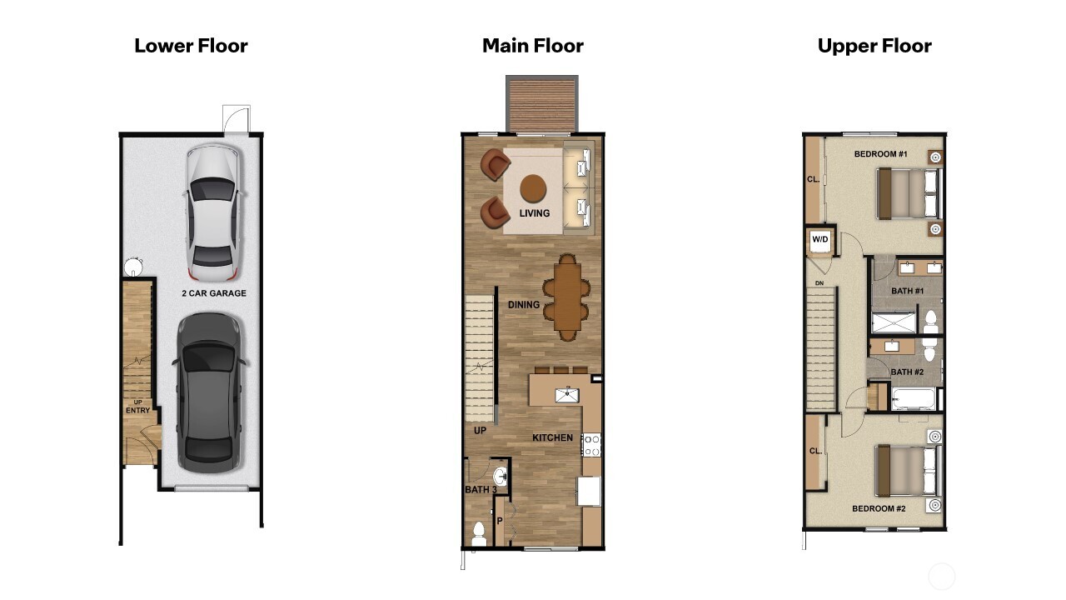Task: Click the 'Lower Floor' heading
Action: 191,46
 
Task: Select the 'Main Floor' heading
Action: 532,46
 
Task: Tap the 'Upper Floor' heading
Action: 874,46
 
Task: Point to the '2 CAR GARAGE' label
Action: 214,293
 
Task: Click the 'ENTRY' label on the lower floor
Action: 137,410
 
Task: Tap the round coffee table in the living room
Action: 533,189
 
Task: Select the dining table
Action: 567,297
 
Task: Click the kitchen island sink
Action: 568,394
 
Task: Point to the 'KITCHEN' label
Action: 553,437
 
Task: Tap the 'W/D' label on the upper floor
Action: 820,240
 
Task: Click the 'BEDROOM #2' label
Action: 879,508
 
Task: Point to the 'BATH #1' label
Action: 907,291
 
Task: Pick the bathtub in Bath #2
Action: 914,397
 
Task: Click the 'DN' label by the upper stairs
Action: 819,283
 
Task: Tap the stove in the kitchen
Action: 591,445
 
